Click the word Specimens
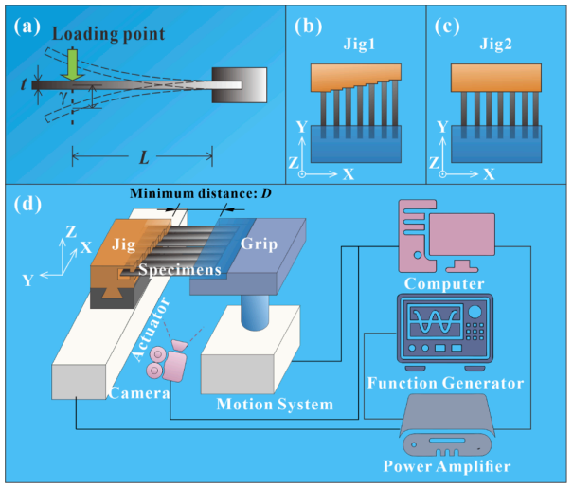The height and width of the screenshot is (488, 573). (181, 270)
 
